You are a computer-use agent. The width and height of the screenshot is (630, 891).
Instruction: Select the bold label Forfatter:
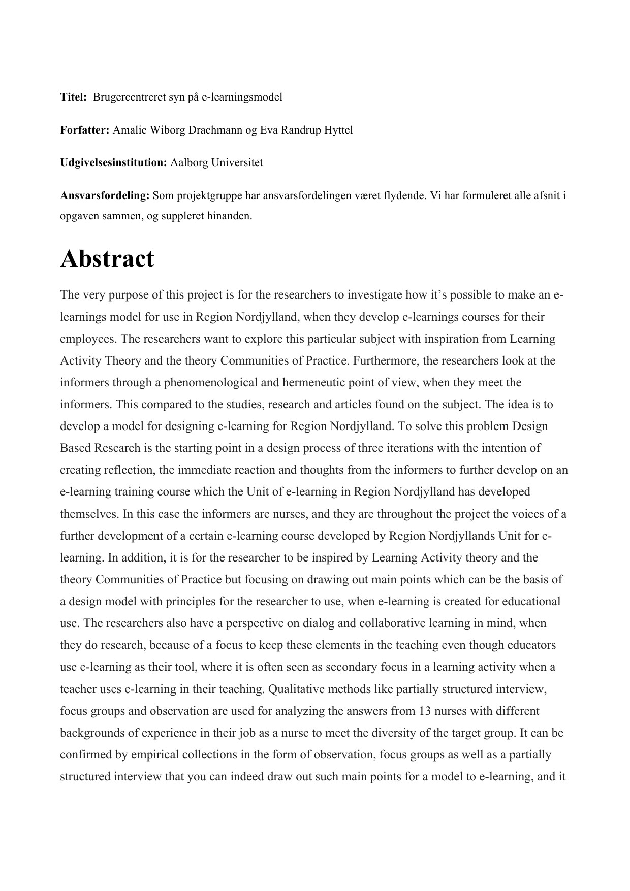(85, 130)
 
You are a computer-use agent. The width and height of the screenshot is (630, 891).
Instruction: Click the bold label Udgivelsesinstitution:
(113, 163)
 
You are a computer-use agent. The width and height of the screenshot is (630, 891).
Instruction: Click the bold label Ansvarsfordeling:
(105, 195)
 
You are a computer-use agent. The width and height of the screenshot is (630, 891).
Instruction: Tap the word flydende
(406, 195)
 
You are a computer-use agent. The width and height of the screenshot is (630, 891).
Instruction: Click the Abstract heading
(107, 259)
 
